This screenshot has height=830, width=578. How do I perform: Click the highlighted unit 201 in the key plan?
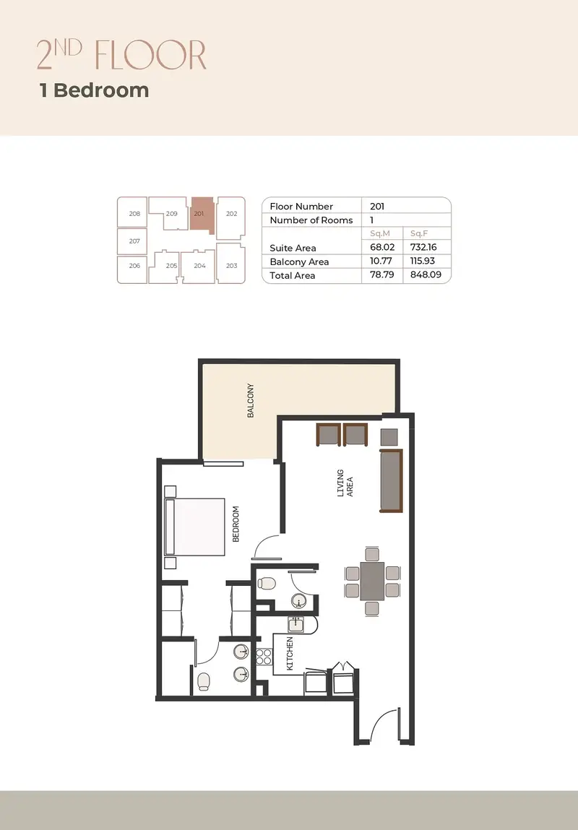[x=201, y=215]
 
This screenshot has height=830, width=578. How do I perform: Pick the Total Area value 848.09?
[x=426, y=274]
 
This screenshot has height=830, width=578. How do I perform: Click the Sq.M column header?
[x=379, y=233]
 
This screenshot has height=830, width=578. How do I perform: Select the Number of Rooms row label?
[x=311, y=220]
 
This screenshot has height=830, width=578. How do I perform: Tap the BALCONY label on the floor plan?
[x=251, y=401]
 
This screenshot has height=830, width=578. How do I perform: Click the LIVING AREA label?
[x=345, y=483]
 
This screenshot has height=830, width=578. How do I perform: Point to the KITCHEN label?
[x=290, y=654]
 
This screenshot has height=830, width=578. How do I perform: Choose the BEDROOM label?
[x=236, y=524]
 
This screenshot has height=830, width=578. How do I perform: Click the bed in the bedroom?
[x=195, y=527]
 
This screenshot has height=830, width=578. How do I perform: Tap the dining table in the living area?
[x=372, y=581]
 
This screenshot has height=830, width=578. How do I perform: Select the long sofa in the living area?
[x=391, y=481]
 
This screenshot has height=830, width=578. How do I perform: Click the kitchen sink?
[x=296, y=625]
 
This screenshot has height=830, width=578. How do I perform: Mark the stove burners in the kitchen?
[x=264, y=656]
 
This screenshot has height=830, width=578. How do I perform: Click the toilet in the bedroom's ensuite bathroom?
[x=203, y=681]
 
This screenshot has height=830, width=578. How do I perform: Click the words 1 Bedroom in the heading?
[x=94, y=90]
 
